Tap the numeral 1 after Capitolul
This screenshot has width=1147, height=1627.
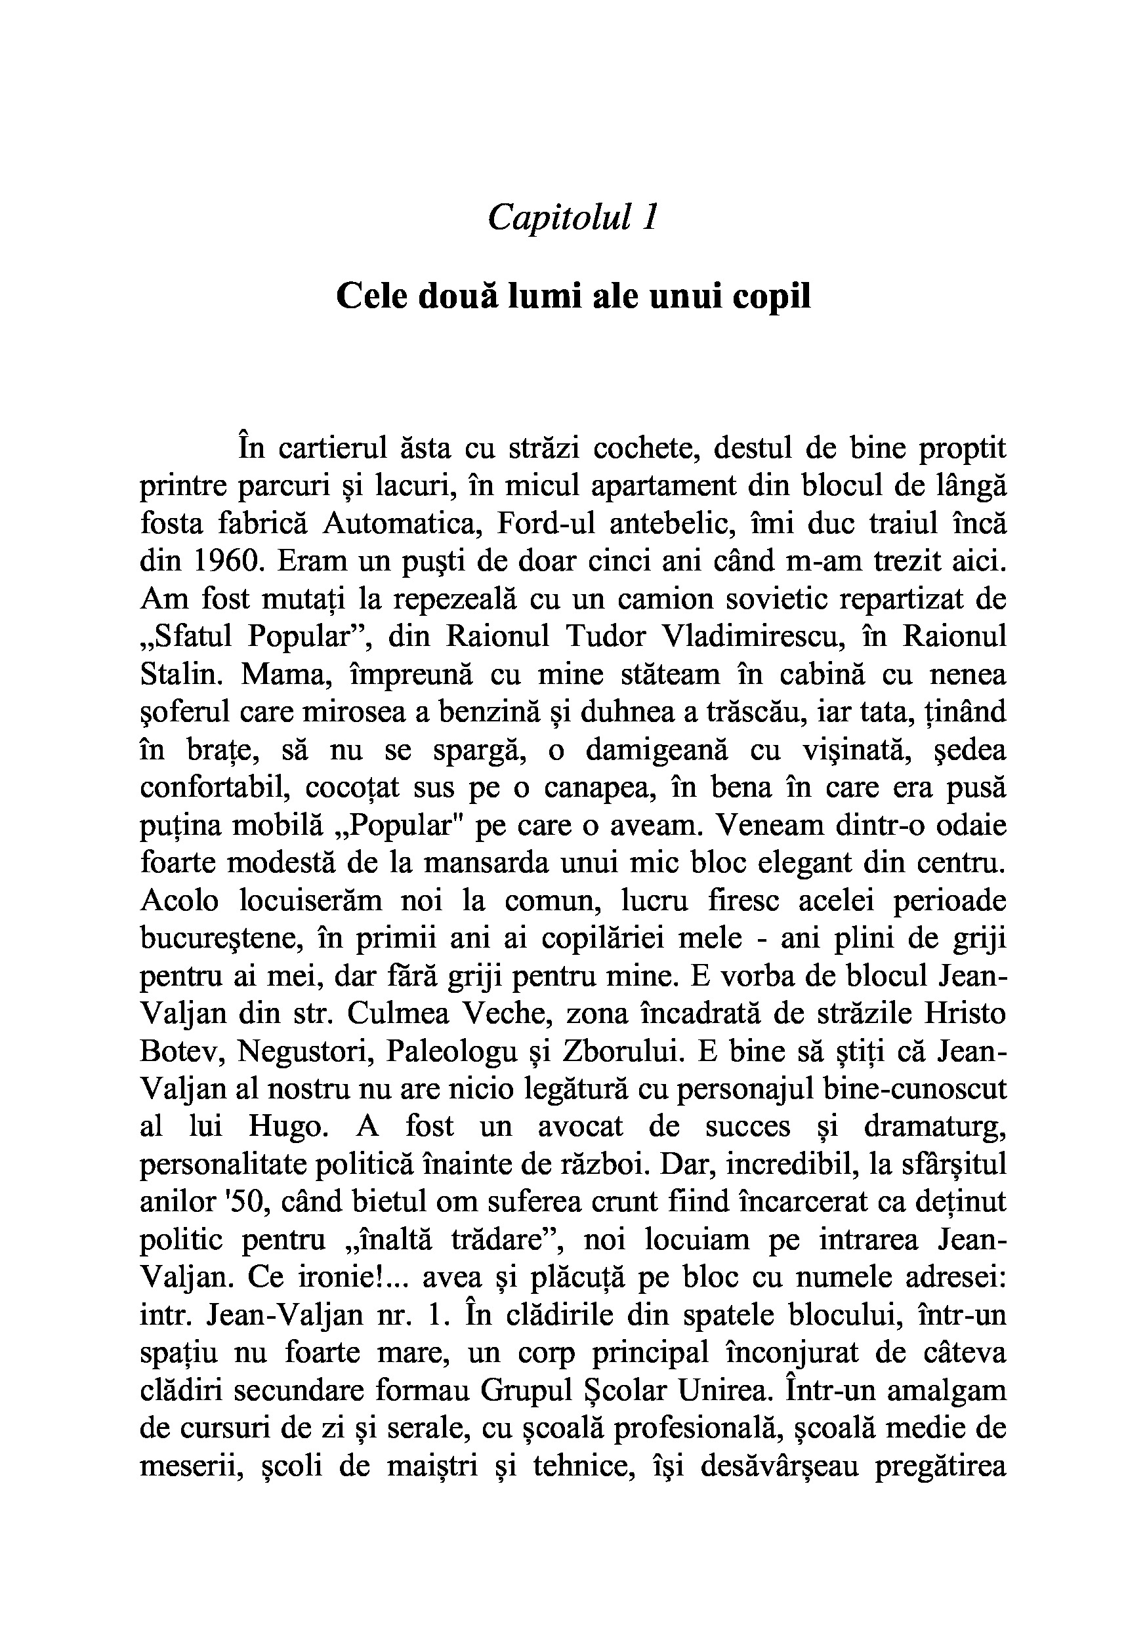[x=649, y=217]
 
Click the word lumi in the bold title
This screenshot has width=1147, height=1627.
[x=546, y=296]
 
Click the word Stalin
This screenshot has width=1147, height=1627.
[x=182, y=674]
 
